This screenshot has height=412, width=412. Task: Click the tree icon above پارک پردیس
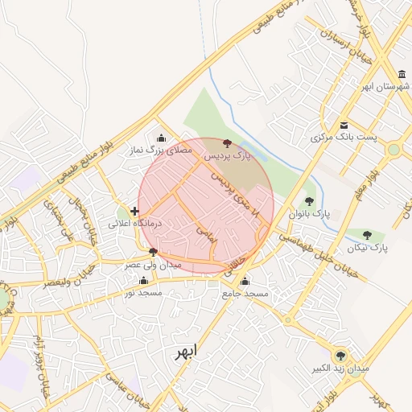coord(226,142)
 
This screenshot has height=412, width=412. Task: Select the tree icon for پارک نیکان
coord(368,235)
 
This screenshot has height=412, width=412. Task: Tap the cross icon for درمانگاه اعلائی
coord(134,211)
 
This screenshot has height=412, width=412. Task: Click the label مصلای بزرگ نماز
coord(161,150)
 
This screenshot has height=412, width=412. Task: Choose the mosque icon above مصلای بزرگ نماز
coord(162,137)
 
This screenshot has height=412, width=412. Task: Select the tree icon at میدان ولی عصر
coord(153,252)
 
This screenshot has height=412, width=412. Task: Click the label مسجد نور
coord(143,293)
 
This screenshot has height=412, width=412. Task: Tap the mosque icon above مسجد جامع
coord(245,282)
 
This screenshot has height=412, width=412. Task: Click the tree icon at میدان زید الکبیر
coord(340,356)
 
